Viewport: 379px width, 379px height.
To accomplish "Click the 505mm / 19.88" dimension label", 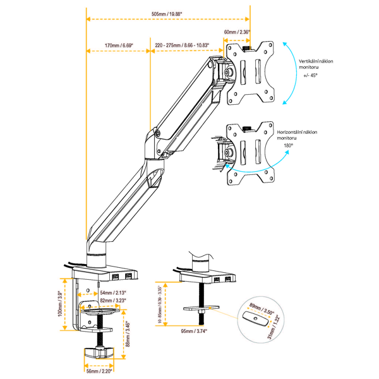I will [x=167, y=13].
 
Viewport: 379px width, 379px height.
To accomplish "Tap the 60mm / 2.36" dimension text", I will [x=237, y=32].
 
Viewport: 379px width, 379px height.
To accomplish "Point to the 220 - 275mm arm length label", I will [x=182, y=45].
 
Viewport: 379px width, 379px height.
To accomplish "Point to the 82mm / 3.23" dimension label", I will [x=112, y=300].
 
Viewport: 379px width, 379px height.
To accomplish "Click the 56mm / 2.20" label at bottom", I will [x=100, y=372].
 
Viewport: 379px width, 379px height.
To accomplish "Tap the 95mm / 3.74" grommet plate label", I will [x=194, y=330].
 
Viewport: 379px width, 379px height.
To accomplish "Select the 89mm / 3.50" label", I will [x=261, y=310].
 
